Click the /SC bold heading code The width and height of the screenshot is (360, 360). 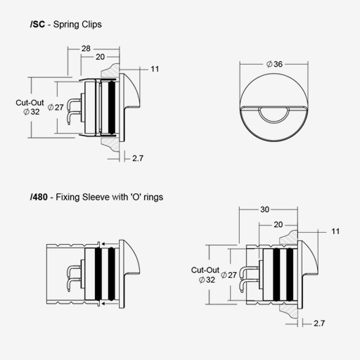[x=37, y=25]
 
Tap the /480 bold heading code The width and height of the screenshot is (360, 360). [x=39, y=197]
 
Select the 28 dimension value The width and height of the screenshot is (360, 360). [x=86, y=49]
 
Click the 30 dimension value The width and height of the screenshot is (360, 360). [x=265, y=210]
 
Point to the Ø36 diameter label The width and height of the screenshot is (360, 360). [x=274, y=64]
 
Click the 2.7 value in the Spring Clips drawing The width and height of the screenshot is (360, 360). [x=138, y=158]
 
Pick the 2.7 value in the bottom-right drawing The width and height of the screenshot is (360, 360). [x=319, y=323]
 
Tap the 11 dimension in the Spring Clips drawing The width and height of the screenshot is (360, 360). [x=155, y=69]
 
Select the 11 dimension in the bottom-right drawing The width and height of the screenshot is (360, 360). [x=335, y=231]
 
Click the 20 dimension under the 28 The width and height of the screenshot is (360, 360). [x=100, y=57]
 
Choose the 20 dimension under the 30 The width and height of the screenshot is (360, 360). [x=278, y=224]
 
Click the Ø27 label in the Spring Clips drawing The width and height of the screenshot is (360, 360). [x=56, y=108]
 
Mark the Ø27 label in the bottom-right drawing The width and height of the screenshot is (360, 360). [x=229, y=275]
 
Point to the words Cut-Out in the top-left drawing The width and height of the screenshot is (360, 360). [x=30, y=103]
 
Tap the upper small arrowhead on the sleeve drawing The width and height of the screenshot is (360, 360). [x=103, y=244]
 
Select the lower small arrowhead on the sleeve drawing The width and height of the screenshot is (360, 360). [x=103, y=304]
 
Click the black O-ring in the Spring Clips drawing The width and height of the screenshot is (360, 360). [x=112, y=108]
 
